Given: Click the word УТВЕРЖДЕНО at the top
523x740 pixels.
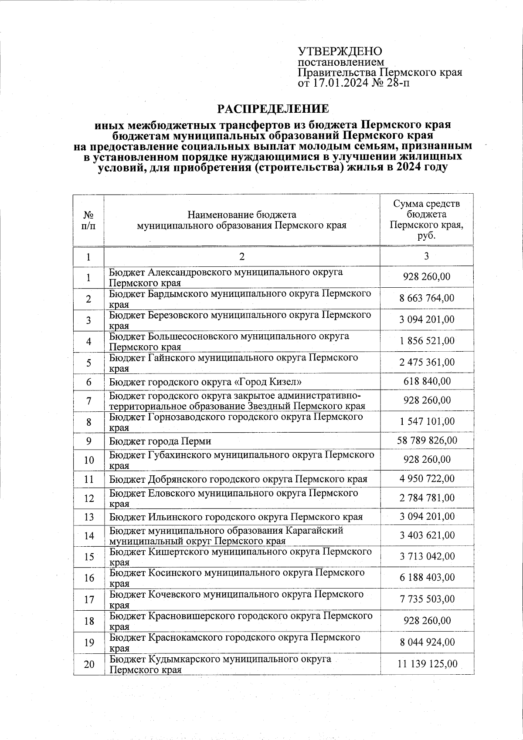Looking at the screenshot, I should pos(340,51).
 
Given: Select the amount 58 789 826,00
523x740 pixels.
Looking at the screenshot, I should pos(427,441).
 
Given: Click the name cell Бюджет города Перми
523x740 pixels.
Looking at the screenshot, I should pos(160,441).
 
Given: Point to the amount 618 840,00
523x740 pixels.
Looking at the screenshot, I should pos(427,381).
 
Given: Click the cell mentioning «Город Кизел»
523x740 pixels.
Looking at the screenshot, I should pos(205,382).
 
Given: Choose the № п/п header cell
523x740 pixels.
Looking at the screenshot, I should pos(88,220).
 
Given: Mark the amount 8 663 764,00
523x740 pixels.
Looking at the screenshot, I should pos(427,298).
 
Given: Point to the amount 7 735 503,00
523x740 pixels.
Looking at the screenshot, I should pos(427,599).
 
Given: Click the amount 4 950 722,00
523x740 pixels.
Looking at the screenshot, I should pos(427,478).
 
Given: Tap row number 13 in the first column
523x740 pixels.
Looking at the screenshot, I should pos(89,517).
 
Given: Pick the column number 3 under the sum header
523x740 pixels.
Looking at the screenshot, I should pos(426,256).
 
